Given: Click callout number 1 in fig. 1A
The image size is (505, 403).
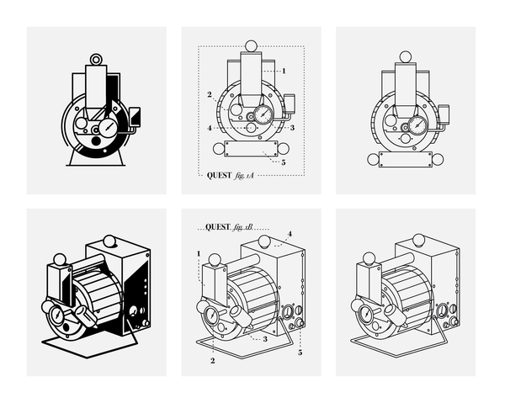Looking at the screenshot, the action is click(284, 71).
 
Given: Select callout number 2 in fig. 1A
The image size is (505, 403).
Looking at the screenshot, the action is click(210, 94).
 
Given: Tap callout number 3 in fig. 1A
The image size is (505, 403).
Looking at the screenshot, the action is click(292, 128).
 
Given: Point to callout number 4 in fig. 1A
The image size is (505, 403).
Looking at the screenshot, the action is click(210, 128).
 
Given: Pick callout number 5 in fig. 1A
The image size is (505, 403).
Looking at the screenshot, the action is click(284, 162).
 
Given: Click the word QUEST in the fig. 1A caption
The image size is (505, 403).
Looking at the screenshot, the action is click(219, 176).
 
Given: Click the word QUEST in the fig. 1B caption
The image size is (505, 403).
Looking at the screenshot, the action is click(218, 227).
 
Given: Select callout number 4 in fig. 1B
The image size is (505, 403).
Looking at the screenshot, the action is click(290, 234).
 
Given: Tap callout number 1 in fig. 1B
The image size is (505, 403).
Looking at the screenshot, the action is click(199, 253).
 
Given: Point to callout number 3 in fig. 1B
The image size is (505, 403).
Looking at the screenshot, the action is click(265, 339).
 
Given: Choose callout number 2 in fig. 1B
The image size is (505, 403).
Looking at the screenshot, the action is click(213, 361).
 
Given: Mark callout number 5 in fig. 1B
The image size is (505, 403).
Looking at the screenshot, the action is click(300, 353).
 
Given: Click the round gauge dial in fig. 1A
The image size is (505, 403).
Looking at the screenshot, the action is click(264, 114).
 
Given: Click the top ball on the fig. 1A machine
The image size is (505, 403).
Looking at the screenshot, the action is click(251, 46).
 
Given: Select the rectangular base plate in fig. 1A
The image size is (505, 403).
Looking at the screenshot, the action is click(251, 148).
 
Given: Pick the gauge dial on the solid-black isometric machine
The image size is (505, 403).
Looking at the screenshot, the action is click(58, 315).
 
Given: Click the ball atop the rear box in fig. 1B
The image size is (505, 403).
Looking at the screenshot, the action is click(264, 241).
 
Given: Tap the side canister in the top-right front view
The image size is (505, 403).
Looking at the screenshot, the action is click(444, 114).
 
